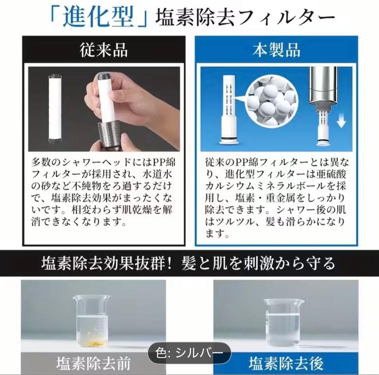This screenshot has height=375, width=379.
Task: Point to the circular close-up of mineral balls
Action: [x=271, y=101]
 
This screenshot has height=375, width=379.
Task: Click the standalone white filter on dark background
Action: [x=55, y=109]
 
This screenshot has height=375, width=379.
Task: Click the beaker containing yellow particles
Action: [x=92, y=321]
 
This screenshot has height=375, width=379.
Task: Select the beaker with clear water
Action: [x=283, y=323]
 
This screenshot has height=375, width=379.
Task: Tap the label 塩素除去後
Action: [x=286, y=363]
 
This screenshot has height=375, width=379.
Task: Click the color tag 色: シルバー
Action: [x=189, y=353]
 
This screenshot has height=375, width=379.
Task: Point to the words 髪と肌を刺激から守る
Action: [x=258, y=263]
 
